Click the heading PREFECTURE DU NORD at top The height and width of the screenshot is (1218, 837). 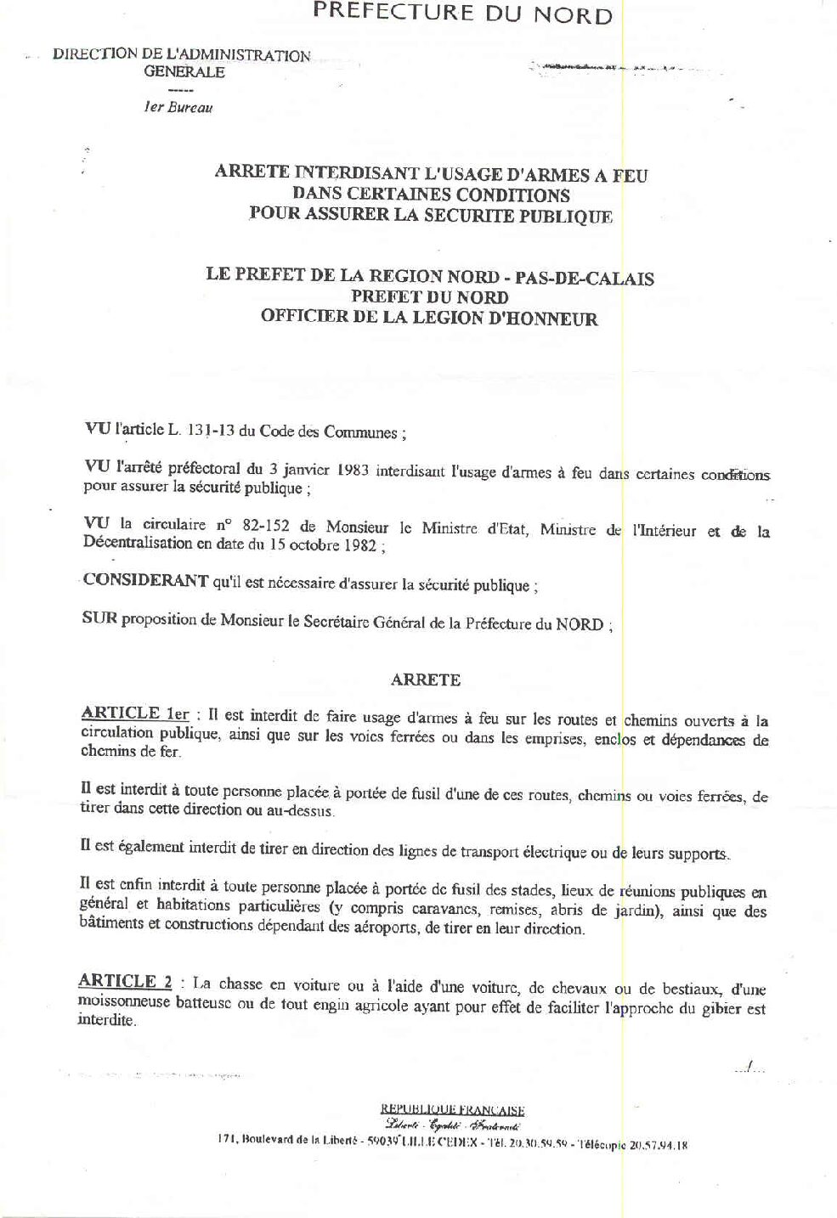(462, 14)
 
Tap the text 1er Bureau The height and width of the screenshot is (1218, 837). (178, 108)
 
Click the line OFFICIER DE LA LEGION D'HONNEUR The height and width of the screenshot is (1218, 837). (429, 319)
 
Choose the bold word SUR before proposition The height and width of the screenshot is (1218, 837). (99, 619)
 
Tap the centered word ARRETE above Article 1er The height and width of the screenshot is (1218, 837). (426, 679)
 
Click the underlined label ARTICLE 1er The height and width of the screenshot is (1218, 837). (134, 714)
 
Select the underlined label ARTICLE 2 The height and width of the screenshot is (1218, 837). (125, 982)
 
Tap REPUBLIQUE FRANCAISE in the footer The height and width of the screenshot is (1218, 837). (452, 1109)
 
